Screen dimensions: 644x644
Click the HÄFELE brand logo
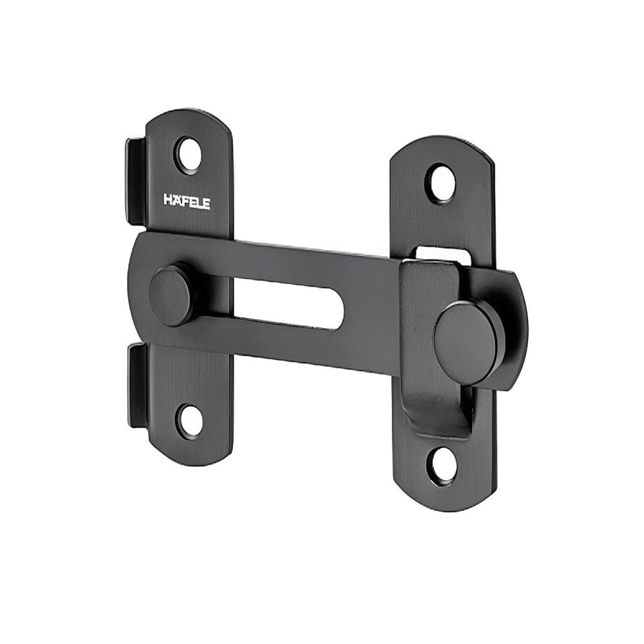187,202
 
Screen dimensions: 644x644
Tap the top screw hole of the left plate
189,156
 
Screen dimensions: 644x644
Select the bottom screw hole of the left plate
190,420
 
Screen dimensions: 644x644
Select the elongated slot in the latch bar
283,303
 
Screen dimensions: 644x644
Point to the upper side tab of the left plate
136,181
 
